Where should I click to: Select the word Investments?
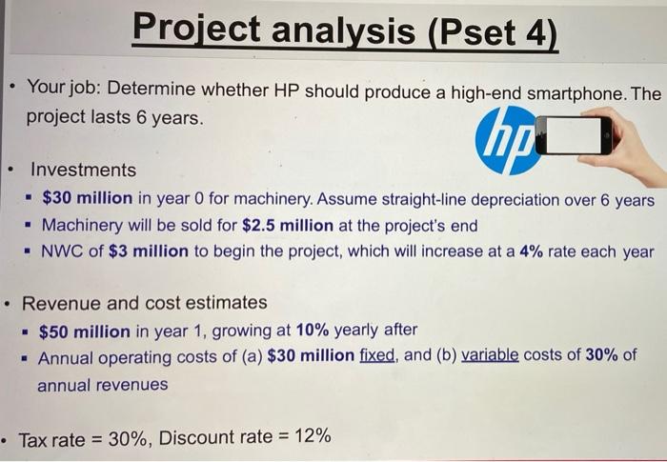pyautogui.click(x=84, y=170)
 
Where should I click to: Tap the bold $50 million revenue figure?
pyautogui.click(x=85, y=330)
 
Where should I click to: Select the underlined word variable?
pyautogui.click(x=494, y=357)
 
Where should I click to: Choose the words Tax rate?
pyautogui.click(x=53, y=438)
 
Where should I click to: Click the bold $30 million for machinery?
pyautogui.click(x=87, y=201)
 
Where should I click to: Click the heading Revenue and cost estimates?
pyautogui.click(x=145, y=303)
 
